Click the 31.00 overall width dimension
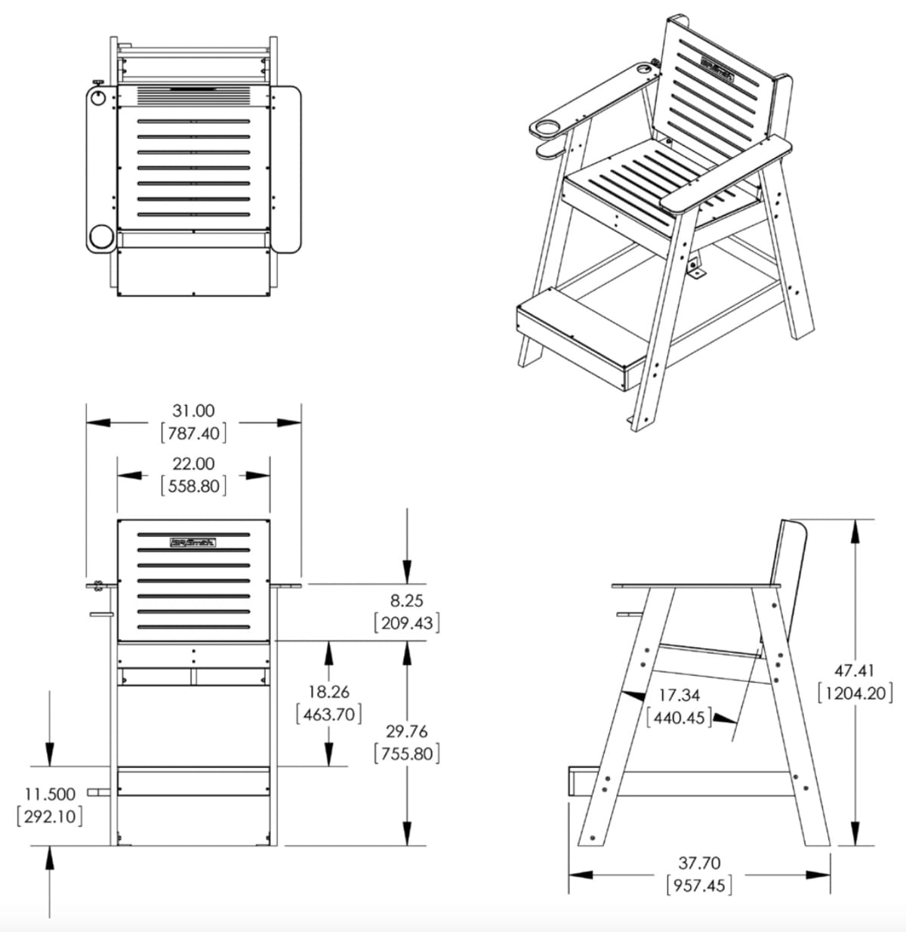(x=194, y=411)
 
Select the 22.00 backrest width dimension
(x=194, y=464)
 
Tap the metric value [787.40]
(x=194, y=434)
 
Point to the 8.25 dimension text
(x=407, y=601)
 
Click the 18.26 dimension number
(x=328, y=691)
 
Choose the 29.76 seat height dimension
(x=407, y=731)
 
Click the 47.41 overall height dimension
(x=855, y=670)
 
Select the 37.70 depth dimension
(x=699, y=863)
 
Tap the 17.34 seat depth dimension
(x=679, y=694)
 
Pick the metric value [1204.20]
(x=855, y=693)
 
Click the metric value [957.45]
(x=699, y=885)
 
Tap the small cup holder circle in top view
(x=98, y=98)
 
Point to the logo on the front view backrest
(x=193, y=542)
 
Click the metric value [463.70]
(x=328, y=714)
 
